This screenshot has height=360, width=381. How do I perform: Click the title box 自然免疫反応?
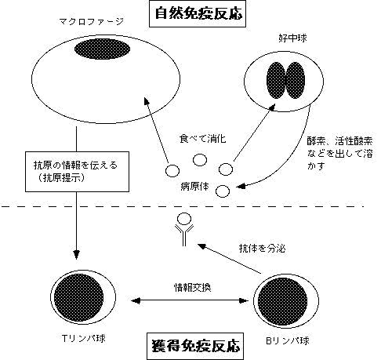tap(198, 13)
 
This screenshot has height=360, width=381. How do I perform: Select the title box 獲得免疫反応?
tap(195, 346)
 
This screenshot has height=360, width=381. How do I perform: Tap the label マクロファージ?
tap(92, 21)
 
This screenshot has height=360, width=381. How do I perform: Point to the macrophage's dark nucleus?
tap(102, 49)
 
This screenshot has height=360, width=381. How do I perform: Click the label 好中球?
tap(292, 38)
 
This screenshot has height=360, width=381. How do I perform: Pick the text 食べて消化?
tap(202, 139)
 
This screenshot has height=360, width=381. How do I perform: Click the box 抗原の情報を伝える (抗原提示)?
tap(77, 172)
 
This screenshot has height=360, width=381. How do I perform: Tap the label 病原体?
tap(194, 187)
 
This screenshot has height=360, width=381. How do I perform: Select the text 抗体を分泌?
tap(262, 248)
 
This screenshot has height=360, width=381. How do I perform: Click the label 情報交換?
tap(193, 287)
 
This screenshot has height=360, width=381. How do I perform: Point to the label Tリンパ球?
tap(84, 338)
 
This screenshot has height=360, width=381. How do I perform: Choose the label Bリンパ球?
tap(288, 340)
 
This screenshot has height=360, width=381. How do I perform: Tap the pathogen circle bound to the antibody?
tap(184, 219)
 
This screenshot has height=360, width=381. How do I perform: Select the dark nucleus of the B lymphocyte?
tap(282, 301)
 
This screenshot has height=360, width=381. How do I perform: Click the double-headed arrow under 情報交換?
tap(190, 300)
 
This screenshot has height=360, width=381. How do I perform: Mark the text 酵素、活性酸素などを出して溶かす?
tap(339, 154)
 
